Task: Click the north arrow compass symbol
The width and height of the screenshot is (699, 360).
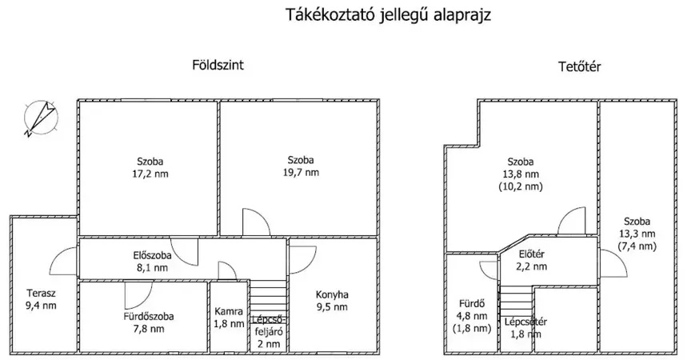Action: (40, 118)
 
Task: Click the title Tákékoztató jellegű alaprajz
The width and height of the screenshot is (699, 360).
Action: (388, 15)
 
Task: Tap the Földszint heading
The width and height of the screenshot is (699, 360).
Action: (218, 65)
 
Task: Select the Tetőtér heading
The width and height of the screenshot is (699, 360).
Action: (580, 67)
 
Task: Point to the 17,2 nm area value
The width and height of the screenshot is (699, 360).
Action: (150, 174)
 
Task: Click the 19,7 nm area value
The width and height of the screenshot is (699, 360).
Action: (301, 172)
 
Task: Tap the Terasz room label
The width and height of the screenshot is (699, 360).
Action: (41, 294)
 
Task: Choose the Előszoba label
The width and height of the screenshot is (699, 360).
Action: (153, 256)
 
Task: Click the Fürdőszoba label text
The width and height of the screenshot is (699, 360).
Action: (149, 317)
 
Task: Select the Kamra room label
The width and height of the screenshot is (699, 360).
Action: (229, 311)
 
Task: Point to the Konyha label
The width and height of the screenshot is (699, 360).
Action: (332, 295)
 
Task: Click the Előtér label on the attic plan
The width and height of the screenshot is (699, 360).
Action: (532, 254)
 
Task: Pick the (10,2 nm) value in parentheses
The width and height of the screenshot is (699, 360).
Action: (521, 186)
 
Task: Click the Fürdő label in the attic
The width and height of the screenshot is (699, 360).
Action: (472, 304)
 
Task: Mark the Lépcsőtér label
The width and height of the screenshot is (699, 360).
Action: (526, 322)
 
